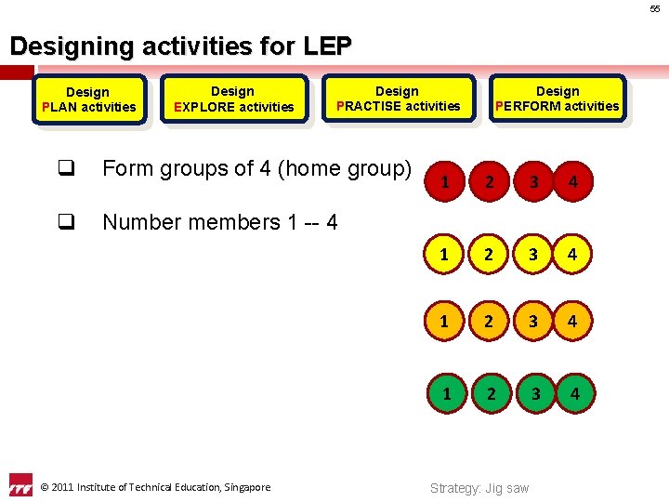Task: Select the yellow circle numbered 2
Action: click(490, 252)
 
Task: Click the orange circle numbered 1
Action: click(445, 321)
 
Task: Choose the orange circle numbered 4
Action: click(572, 321)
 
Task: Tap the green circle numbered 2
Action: click(492, 393)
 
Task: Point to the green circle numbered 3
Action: click(534, 393)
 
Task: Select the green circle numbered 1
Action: click(447, 393)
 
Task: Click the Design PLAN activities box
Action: click(88, 99)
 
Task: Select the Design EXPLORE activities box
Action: click(233, 99)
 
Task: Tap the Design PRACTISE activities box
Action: click(398, 99)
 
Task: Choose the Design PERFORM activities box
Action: click(557, 99)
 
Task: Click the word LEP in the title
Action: click(327, 45)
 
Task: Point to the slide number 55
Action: click(654, 9)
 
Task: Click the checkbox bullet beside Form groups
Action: click(65, 168)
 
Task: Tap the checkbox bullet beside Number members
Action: click(65, 221)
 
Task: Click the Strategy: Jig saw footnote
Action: click(479, 488)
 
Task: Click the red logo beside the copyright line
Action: click(20, 485)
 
